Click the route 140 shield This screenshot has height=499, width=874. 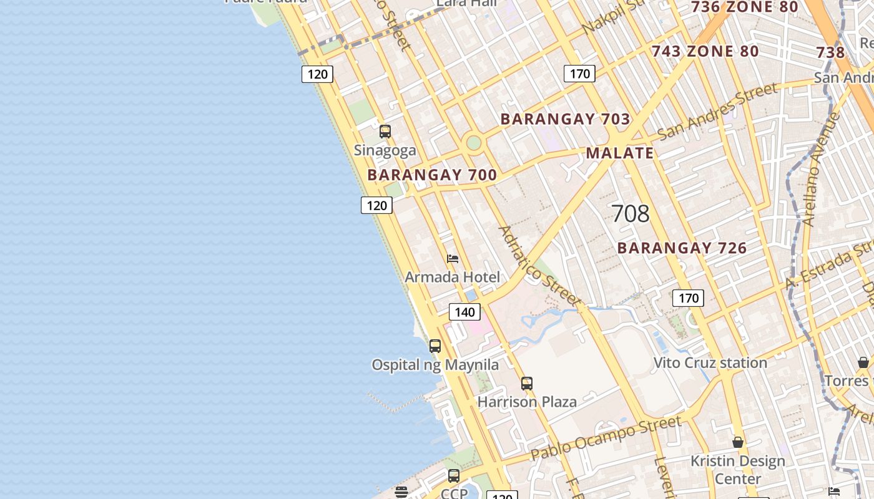(464, 312)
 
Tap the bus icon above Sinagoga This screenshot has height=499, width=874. (385, 132)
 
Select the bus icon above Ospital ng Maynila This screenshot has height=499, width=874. (435, 346)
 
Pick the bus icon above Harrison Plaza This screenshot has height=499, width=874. (527, 384)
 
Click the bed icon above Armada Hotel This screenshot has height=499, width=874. (453, 259)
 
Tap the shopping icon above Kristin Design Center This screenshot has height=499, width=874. (738, 442)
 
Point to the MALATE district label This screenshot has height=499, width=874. (620, 153)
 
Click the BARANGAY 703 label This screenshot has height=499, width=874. (565, 119)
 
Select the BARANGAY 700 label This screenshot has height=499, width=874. (432, 175)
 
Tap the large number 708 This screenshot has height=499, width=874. (631, 214)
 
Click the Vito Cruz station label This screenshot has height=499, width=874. (710, 363)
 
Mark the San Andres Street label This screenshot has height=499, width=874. (718, 111)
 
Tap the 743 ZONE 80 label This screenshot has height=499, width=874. (705, 52)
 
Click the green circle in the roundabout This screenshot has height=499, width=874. (474, 142)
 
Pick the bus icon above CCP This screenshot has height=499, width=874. (454, 476)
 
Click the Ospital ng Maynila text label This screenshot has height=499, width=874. (435, 365)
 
